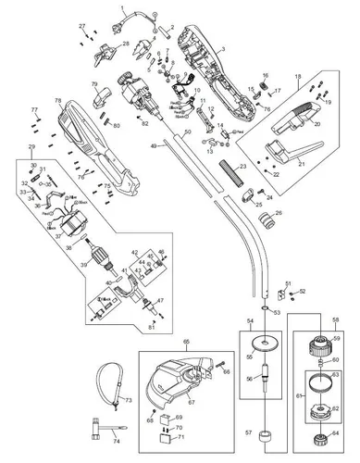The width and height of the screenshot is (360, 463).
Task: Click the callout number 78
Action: [57, 101]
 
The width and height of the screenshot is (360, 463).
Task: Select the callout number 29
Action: [32, 147]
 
